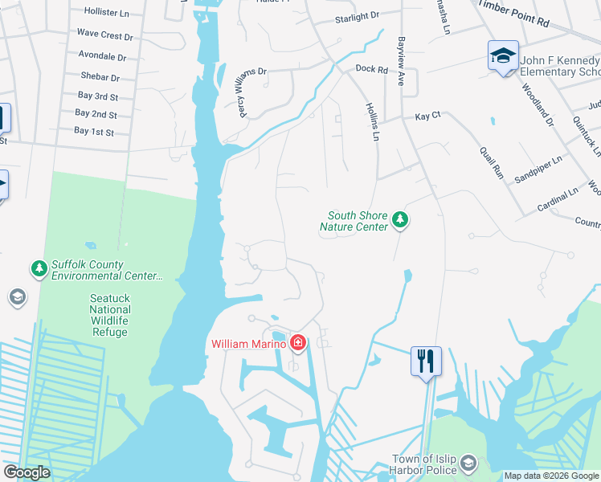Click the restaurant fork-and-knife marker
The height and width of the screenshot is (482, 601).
425,360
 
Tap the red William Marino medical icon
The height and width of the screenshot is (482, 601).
298,344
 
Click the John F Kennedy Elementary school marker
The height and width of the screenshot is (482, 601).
503,56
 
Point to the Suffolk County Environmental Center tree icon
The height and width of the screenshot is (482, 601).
38,269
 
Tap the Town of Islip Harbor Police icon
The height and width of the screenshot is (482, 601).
468,464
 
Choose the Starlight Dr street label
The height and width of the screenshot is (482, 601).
357,17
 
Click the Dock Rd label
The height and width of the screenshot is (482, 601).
371,70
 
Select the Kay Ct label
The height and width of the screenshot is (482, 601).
427,116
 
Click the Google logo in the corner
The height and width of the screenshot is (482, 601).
27,472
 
